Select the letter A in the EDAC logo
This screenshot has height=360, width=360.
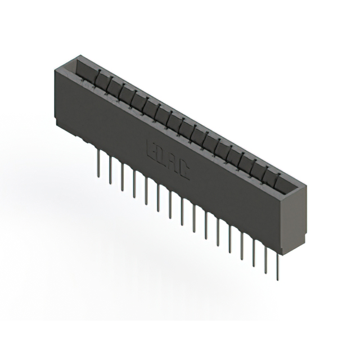pyautogui.click(x=174, y=165)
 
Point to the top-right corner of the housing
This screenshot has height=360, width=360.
pyautogui.click(x=307, y=186)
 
